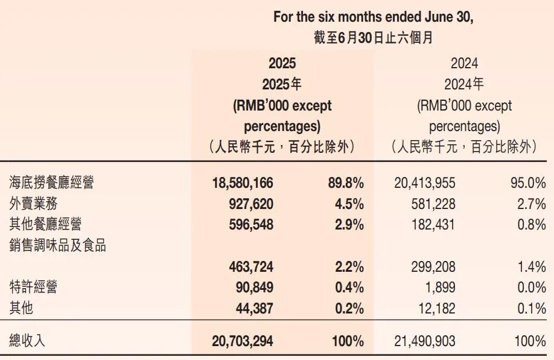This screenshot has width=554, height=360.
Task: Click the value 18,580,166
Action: click(243, 182)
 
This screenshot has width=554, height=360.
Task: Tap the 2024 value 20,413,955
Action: click(425, 182)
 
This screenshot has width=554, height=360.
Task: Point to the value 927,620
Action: click(251, 203)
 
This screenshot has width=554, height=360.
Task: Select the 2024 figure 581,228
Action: click(433, 203)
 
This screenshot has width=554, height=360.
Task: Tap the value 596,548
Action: click(251, 224)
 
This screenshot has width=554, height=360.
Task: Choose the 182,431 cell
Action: click(433, 224)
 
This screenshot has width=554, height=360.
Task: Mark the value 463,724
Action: click(251, 266)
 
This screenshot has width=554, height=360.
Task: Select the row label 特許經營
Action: click(34, 287)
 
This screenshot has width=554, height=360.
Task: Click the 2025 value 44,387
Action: click(255, 308)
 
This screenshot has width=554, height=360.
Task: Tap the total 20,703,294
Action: click(243, 341)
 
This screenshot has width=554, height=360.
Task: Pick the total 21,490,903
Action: click(425, 341)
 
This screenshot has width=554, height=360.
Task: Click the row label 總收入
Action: click(28, 341)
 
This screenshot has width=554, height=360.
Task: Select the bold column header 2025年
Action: click(282, 84)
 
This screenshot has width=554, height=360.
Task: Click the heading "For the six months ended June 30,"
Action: click(374, 16)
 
